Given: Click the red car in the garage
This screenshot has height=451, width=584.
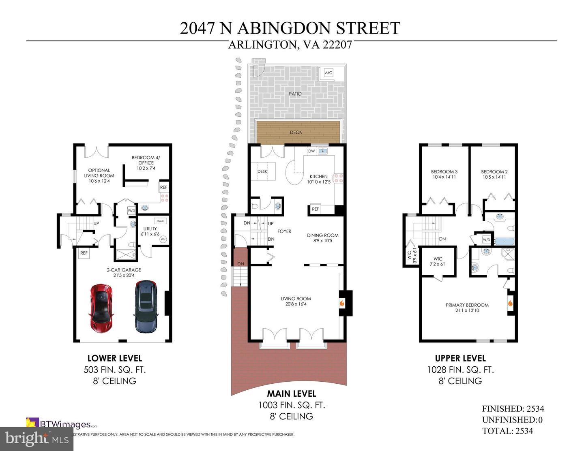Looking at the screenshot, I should (101, 308).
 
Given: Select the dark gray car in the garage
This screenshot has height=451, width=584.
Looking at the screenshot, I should (146, 307).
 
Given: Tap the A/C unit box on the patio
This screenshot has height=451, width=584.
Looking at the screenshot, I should (328, 73).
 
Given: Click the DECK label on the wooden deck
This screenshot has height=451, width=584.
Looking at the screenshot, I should (296, 133).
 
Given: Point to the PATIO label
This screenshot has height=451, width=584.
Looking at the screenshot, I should (295, 94).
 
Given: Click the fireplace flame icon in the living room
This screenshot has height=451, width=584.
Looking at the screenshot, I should (342, 303).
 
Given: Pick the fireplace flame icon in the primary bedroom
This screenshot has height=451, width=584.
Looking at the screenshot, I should (510, 303).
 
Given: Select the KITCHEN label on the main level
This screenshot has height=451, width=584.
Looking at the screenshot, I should (319, 177).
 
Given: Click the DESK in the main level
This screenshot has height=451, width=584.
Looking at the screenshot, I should (263, 171).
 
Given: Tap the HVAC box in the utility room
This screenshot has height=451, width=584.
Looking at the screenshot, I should (160, 221).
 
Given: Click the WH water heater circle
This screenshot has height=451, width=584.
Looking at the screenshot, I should (163, 239).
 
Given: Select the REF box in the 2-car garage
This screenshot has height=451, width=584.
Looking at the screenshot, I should (84, 253).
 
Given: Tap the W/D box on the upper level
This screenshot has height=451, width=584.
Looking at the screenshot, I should (487, 239).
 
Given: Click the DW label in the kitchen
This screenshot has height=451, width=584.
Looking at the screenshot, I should (311, 151).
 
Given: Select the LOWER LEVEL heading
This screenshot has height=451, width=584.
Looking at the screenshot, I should (115, 358).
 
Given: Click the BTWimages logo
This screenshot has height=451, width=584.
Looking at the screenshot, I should (61, 424).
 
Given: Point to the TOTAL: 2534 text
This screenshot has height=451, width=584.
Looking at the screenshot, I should (507, 431).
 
